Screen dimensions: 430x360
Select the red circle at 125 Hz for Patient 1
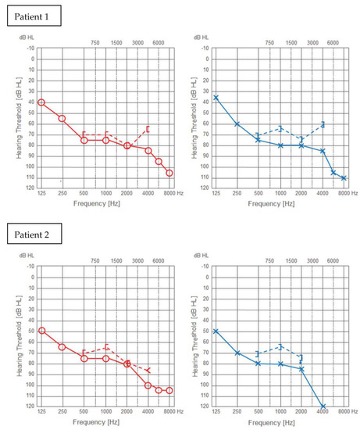click(x=41, y=102)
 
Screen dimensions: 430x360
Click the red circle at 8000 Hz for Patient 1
click(x=169, y=173)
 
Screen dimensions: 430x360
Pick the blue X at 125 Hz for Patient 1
click(x=216, y=98)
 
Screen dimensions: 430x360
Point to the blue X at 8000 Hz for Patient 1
click(x=344, y=178)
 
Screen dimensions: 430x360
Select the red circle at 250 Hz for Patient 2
click(x=62, y=346)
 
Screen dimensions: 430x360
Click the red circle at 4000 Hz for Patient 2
click(x=148, y=385)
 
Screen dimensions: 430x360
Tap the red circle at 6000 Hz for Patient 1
click(x=159, y=162)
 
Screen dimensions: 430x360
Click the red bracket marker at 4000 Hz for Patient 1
click(x=148, y=129)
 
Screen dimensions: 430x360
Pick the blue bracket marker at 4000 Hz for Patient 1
click(x=323, y=124)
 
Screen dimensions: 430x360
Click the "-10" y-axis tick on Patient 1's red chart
click(x=30, y=48)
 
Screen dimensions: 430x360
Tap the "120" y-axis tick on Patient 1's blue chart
click(x=203, y=188)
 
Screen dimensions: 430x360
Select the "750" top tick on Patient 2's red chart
click(x=94, y=260)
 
